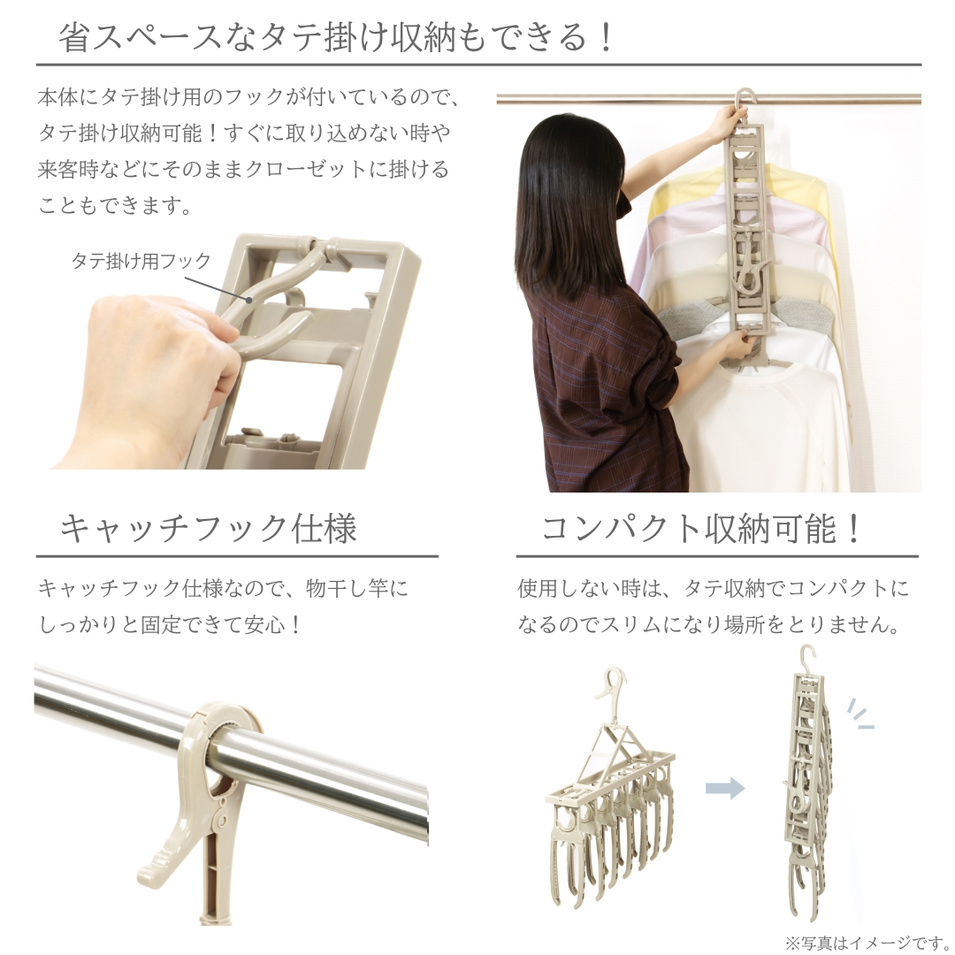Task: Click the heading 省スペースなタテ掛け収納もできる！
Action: (x=336, y=38)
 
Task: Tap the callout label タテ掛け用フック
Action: (x=141, y=261)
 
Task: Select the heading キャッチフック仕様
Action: (x=208, y=528)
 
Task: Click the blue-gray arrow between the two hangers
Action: (x=724, y=788)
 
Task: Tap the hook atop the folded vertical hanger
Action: (x=806, y=659)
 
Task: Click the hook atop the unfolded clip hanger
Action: (x=611, y=690)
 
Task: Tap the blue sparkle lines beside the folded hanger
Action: (x=859, y=714)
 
